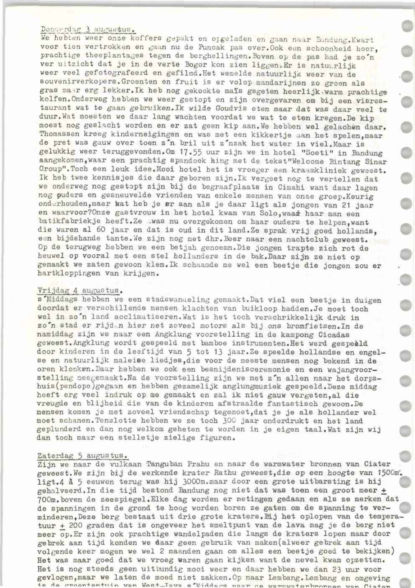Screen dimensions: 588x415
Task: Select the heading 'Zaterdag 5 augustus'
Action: [x=83, y=455]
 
